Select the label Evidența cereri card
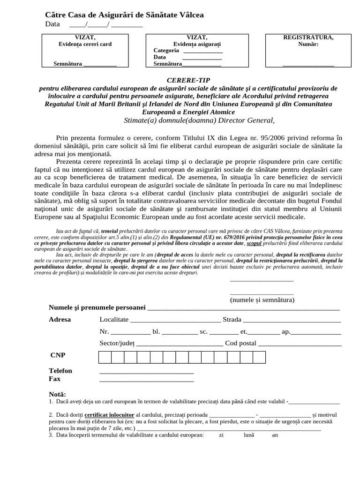pos(85,44)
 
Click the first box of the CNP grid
pos(105,358)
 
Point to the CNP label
pos(57,355)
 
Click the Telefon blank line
pos(147,373)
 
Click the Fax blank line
pos(147,381)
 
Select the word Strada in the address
pos(232,320)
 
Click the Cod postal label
pos(241,343)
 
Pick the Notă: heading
pos(57,394)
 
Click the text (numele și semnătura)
pos(262,300)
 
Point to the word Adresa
pos(60,320)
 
